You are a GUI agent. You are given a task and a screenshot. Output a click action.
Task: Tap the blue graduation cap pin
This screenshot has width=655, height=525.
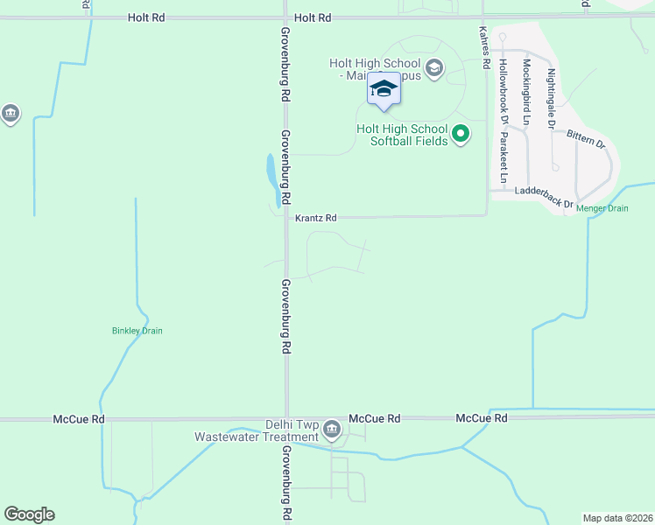(x=384, y=90)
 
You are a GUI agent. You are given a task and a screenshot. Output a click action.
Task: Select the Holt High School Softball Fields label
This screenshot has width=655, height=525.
(x=402, y=135)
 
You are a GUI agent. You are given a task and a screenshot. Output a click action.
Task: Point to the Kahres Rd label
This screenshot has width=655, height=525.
(x=482, y=46)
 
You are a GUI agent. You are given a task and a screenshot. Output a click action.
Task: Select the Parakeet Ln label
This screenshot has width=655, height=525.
(x=504, y=159)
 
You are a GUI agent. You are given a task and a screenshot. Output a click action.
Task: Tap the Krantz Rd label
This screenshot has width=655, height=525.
(x=315, y=218)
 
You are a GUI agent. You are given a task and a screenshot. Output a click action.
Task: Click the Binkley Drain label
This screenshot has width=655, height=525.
(x=137, y=331)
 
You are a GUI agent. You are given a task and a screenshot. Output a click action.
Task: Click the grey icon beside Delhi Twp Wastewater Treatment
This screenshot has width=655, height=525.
(x=332, y=429)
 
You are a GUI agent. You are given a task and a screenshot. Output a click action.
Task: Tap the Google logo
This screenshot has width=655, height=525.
(x=29, y=514)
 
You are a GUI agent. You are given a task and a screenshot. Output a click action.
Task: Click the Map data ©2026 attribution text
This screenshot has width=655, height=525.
(x=617, y=517)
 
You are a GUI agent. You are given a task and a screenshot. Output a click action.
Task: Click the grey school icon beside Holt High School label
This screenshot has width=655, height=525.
(x=433, y=67)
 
